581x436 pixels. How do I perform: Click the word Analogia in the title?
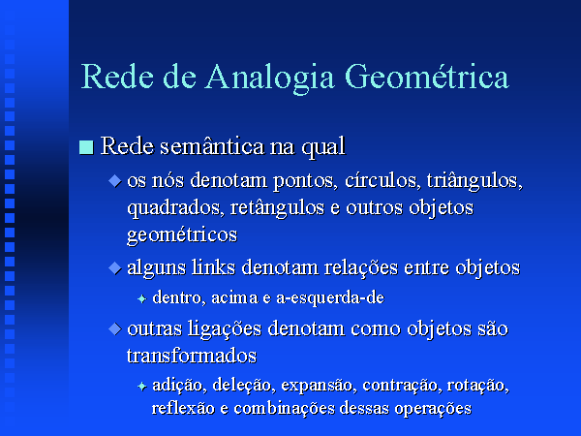[x=270, y=78]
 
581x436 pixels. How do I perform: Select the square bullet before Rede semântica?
[x=86, y=147]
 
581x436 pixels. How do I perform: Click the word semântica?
[x=212, y=145]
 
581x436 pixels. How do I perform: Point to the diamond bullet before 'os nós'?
[x=115, y=181]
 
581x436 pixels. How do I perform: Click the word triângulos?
[x=474, y=182]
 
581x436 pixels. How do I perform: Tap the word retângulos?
[x=277, y=208]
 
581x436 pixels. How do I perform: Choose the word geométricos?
[x=182, y=235]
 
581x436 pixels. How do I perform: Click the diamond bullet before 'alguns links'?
[x=115, y=268]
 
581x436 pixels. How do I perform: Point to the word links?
[x=213, y=267]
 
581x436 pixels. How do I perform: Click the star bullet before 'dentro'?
[x=142, y=298]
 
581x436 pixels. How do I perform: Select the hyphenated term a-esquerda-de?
[x=330, y=298]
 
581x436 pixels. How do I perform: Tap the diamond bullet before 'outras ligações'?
[x=115, y=328]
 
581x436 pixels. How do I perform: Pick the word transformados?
[x=192, y=356]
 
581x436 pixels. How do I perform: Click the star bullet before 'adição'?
[x=142, y=387]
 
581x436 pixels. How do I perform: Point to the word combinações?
[x=285, y=408]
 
